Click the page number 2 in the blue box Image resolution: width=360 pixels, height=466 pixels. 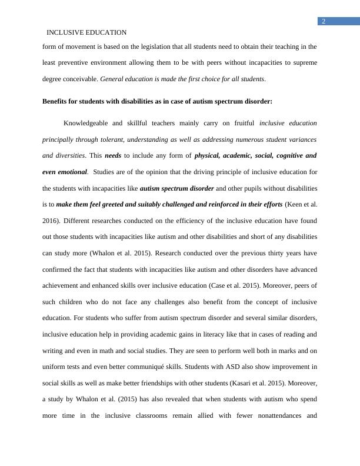pos(323,22)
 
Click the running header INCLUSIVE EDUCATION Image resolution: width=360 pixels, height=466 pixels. pos(86,32)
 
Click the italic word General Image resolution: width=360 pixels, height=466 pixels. pos(114,78)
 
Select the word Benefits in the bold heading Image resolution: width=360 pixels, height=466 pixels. pos(57,101)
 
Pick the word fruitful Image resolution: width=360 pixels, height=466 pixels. pos(241,124)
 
